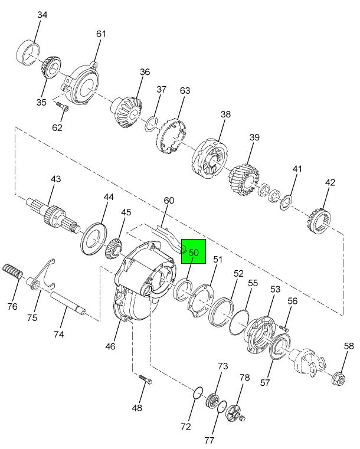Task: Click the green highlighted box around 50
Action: [x=194, y=251]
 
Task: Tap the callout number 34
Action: [x=42, y=15]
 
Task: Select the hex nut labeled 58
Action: [x=339, y=379]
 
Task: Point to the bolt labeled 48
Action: [x=146, y=379]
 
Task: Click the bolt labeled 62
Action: [x=63, y=107]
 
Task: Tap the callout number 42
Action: [x=330, y=182]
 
